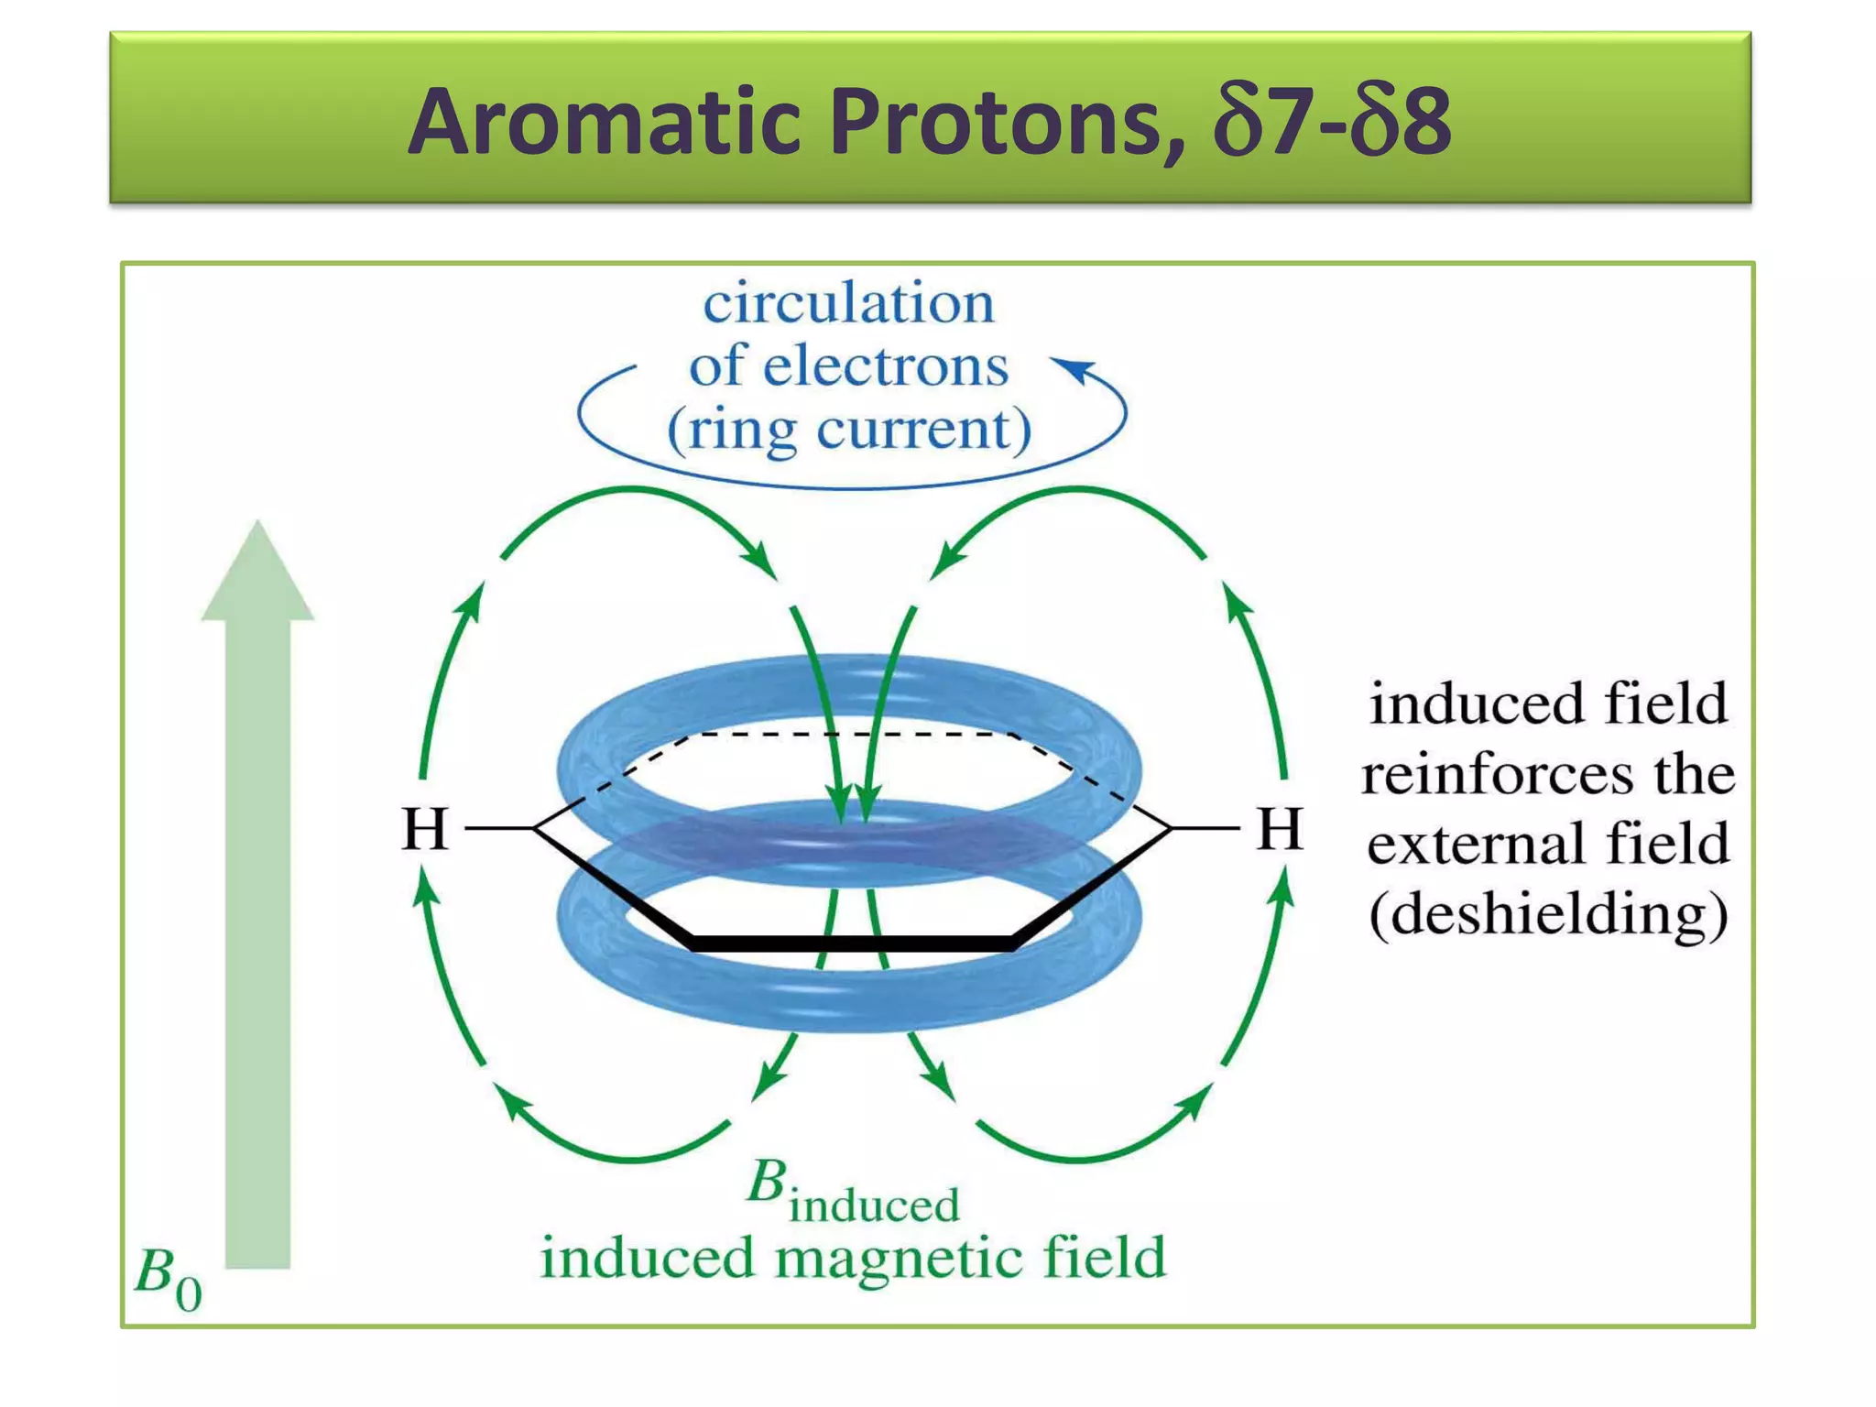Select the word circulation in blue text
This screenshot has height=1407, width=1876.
click(x=848, y=303)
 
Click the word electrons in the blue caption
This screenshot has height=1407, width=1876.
click(x=886, y=366)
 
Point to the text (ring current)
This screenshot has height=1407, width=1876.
click(x=849, y=429)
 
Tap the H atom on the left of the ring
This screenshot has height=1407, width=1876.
click(x=425, y=829)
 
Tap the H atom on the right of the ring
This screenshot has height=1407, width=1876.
click(x=1279, y=829)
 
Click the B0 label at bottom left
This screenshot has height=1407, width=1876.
click(x=168, y=1278)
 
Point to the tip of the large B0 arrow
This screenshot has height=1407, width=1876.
click(x=257, y=527)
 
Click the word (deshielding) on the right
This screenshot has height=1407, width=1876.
click(x=1548, y=913)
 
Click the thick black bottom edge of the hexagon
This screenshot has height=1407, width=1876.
click(x=852, y=943)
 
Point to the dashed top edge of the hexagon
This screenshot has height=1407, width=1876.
click(x=852, y=734)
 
